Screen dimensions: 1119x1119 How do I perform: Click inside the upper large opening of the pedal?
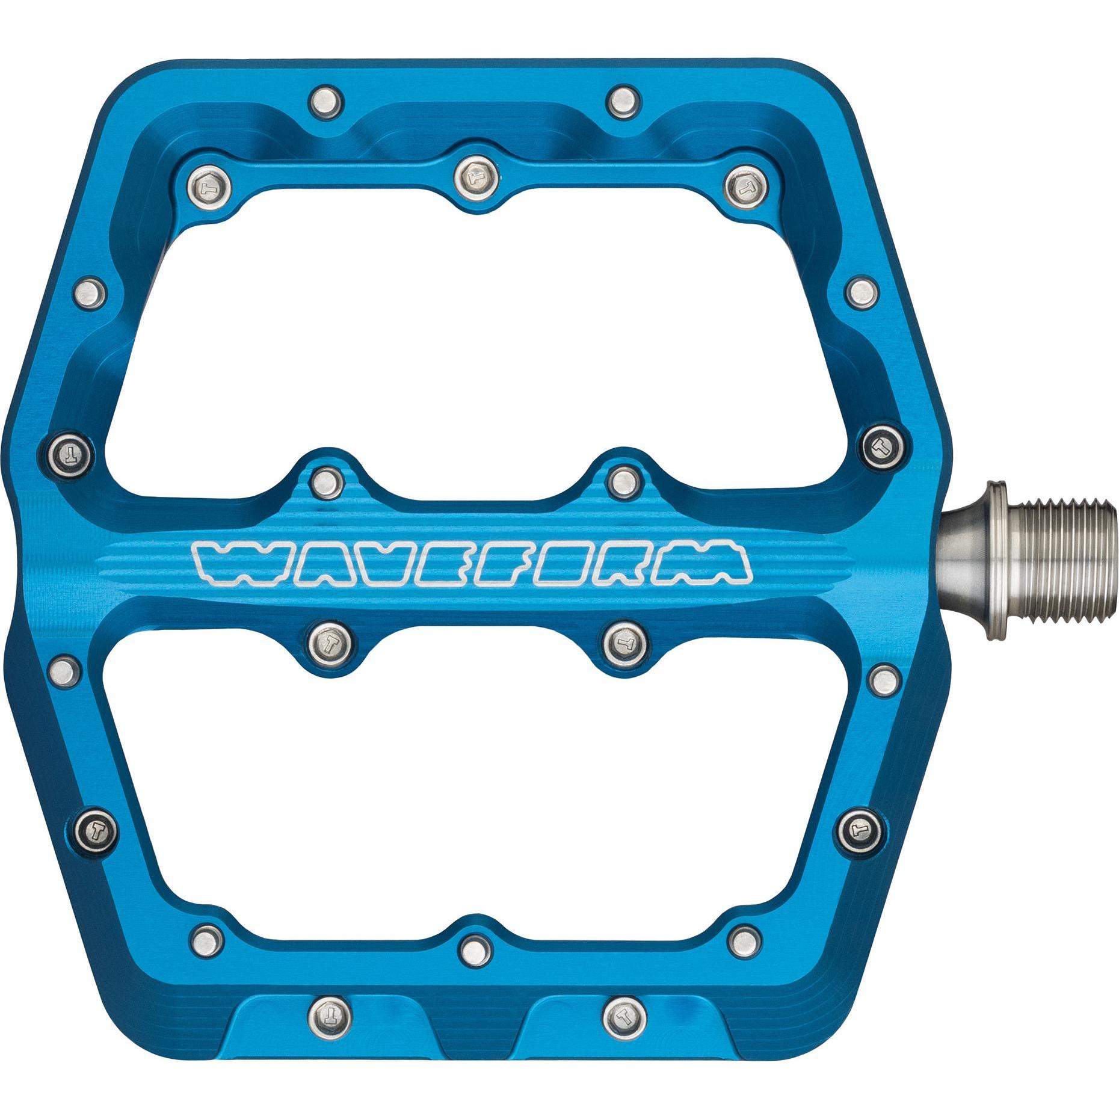tap(481, 337)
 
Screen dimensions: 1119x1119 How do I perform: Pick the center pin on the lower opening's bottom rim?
tap(475, 967)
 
